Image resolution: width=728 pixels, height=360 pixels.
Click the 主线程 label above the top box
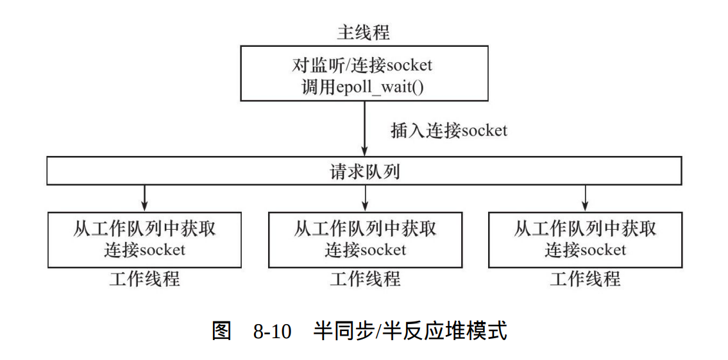pyautogui.click(x=364, y=33)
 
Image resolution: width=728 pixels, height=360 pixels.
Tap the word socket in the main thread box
pyautogui.click(x=409, y=65)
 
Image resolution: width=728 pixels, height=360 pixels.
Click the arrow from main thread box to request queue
pyautogui.click(x=364, y=128)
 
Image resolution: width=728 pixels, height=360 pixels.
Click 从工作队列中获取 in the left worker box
pyautogui.click(x=144, y=229)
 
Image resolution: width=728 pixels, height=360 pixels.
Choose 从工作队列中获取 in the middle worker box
pyautogui.click(x=365, y=229)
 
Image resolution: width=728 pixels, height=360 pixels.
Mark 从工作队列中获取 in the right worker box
pyautogui.click(x=585, y=229)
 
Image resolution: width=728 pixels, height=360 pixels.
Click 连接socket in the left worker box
pyautogui.click(x=144, y=250)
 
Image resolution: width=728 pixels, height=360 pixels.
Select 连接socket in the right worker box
pyautogui.click(x=585, y=250)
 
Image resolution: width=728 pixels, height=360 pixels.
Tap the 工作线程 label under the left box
pyautogui.click(x=144, y=279)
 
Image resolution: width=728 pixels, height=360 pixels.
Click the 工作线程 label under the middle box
pyautogui.click(x=365, y=279)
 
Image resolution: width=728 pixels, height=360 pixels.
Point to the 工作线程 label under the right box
pyautogui.click(x=585, y=279)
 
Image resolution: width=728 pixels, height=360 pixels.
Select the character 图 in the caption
pyautogui.click(x=221, y=332)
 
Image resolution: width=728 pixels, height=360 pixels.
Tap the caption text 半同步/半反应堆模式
pyautogui.click(x=410, y=332)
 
